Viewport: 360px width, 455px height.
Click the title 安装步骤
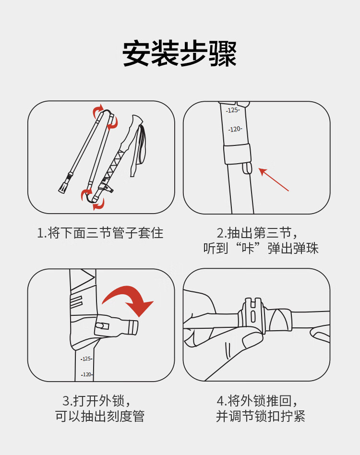180,54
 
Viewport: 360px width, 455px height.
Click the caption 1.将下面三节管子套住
100,233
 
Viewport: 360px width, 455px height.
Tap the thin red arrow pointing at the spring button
274,179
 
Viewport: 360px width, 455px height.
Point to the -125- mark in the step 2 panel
233,110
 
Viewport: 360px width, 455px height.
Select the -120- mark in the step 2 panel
235,129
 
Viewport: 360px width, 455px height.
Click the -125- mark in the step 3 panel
86,359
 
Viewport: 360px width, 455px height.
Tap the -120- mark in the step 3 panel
87,375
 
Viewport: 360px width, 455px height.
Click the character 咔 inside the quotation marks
248,249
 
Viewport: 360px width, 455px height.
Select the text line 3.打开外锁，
96,401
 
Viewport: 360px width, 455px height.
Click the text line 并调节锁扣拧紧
261,416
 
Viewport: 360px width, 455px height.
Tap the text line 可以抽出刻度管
100,416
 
